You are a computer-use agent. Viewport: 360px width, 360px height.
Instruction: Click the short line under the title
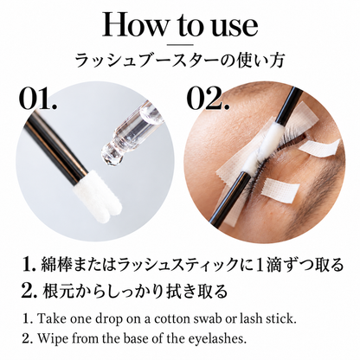point(180,44)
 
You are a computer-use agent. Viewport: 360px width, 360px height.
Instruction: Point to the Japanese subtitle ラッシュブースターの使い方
point(180,61)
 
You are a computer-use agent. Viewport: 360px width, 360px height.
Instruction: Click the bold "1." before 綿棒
point(29,265)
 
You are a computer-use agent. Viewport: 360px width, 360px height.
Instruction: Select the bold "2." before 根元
point(29,291)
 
